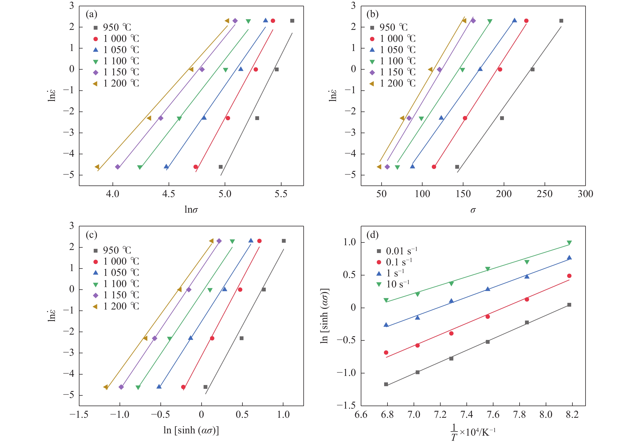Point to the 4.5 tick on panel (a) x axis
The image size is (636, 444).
pos(168,194)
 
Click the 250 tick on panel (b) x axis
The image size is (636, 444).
pos(545,194)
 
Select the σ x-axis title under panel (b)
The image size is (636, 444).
pos(473,210)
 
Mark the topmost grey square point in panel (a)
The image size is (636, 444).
pos(292,21)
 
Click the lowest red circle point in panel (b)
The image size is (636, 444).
pos(434,167)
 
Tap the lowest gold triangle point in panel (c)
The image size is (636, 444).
pos(105,387)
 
